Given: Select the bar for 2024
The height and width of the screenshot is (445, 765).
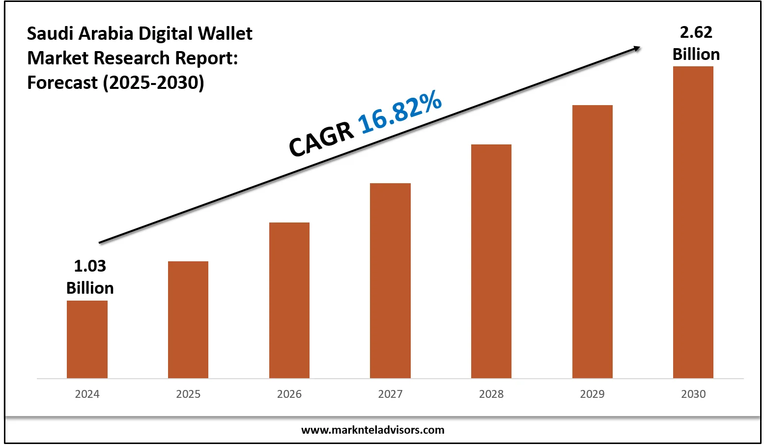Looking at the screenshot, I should coord(87,339).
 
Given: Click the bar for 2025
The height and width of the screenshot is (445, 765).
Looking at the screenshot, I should coord(188,320).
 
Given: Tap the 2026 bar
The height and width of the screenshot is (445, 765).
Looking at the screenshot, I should coord(289,300).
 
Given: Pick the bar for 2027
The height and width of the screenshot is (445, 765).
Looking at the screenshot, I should coord(390,280).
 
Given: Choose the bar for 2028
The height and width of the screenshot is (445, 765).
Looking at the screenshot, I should coord(491,261).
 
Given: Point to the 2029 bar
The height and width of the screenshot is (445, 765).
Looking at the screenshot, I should coord(593,242).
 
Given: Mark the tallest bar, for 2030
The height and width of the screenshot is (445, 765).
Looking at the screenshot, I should coord(693,222).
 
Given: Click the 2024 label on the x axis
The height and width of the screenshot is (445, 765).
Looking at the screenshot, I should coord(87,394).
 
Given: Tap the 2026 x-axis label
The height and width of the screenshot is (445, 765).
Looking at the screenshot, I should coord(289,394).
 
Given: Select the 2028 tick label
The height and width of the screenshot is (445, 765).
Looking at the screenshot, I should coord(491,394).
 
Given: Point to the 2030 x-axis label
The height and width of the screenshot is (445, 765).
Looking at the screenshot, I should coord(693,394).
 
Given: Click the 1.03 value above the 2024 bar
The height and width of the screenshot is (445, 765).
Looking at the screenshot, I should coord(90,266).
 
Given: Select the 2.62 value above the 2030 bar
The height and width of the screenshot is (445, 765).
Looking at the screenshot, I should coord(696,32).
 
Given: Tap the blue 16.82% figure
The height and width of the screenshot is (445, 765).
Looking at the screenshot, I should coord(400,113).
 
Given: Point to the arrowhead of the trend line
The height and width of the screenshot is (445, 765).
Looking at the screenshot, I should coord(637,48).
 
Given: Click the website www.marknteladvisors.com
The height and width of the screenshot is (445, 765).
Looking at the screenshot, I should coord(372,430).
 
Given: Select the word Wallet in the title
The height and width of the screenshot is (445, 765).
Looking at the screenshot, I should coord(225,33).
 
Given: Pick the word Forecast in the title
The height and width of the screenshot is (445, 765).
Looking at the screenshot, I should coord(62,83).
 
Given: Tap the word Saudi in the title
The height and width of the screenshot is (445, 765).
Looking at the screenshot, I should coord(45,33).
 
